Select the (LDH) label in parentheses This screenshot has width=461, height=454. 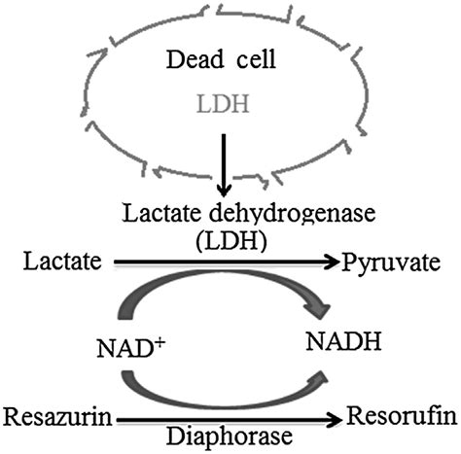coord(227,238)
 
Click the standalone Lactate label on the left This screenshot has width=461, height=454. coord(55,262)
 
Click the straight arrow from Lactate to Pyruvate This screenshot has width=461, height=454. coord(224,262)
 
